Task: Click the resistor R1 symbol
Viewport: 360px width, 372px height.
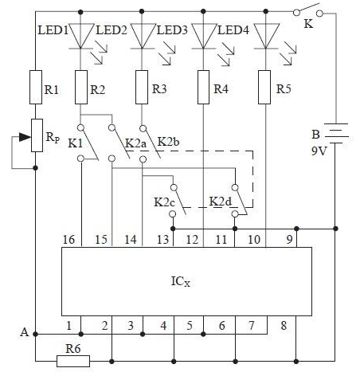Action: pyautogui.click(x=36, y=87)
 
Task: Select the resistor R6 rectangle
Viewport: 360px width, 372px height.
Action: pyautogui.click(x=73, y=361)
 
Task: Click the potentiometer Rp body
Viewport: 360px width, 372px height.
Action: pyautogui.click(x=37, y=135)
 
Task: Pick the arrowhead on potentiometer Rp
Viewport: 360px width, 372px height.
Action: pyautogui.click(x=25, y=137)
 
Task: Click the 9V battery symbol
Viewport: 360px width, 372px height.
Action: pyautogui.click(x=336, y=134)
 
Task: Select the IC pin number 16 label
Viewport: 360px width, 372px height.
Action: pyautogui.click(x=68, y=240)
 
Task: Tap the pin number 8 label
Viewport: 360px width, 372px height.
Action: pyautogui.click(x=284, y=325)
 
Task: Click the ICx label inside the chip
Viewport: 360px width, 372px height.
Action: pyautogui.click(x=181, y=281)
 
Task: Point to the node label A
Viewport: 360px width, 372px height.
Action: pyautogui.click(x=25, y=332)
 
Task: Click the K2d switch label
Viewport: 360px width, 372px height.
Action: pyautogui.click(x=220, y=202)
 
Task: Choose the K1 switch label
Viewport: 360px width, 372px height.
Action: pyautogui.click(x=75, y=143)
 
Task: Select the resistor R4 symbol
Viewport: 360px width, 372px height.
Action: pyautogui.click(x=203, y=87)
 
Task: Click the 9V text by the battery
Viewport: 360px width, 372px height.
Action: pyautogui.click(x=319, y=151)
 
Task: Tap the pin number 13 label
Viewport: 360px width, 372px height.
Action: pyautogui.click(x=162, y=240)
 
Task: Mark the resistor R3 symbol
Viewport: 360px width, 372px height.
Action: pyautogui.click(x=142, y=87)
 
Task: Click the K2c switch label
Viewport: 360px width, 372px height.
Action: pyautogui.click(x=164, y=202)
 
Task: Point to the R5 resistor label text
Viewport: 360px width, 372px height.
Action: pyautogui.click(x=284, y=89)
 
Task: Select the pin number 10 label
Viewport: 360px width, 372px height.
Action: pyautogui.click(x=254, y=240)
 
